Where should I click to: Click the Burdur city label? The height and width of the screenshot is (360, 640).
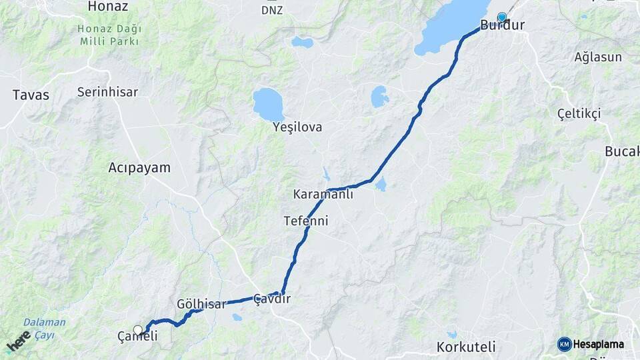coord(502,26)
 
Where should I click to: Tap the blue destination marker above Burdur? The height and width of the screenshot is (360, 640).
coord(501,17)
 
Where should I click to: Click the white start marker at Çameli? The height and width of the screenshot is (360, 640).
coord(138,329)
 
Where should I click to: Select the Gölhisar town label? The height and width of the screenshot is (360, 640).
coord(201,303)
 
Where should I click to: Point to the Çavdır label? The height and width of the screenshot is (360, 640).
coord(273,299)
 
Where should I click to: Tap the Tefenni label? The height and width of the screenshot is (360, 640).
coord(305,220)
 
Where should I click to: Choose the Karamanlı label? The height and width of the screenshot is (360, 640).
coord(323,195)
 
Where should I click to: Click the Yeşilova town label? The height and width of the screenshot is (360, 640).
coord(297,127)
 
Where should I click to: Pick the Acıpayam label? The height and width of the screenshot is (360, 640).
coord(139,168)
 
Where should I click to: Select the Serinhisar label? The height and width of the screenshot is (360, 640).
coord(107,92)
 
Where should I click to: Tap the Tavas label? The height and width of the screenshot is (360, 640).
coord(31,95)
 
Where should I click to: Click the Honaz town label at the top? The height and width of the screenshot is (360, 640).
coord(108,6)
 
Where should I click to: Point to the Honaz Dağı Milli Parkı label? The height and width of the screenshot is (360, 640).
coord(108,35)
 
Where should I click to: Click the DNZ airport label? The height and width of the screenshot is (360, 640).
coord(271,10)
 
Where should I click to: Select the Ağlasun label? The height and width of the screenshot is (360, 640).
coord(598,57)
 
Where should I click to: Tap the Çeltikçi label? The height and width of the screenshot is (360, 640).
coord(579,113)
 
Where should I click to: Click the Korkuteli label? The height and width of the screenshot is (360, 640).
coord(466,347)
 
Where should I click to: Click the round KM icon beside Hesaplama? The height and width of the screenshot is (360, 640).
coord(565,344)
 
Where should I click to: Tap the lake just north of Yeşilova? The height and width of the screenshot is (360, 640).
coord(268,103)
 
